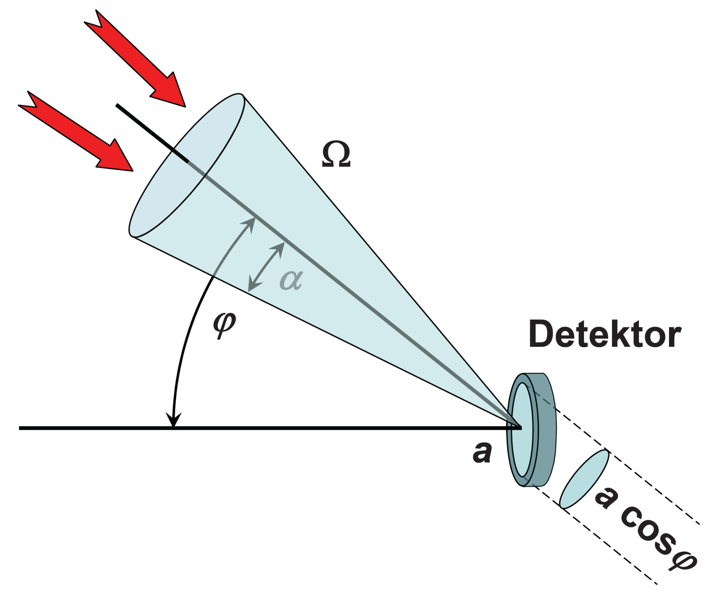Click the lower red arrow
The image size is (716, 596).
coord(76,131)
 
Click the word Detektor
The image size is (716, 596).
coord(605,335)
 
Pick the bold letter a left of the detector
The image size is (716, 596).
coord(482,453)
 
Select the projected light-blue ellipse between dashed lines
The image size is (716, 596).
coord(584,479)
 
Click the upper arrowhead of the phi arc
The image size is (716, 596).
coord(249,224)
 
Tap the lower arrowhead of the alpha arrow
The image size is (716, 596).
coord(253,285)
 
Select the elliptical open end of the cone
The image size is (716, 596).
coord(187,165)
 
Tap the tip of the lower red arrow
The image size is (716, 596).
coord(133,171)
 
